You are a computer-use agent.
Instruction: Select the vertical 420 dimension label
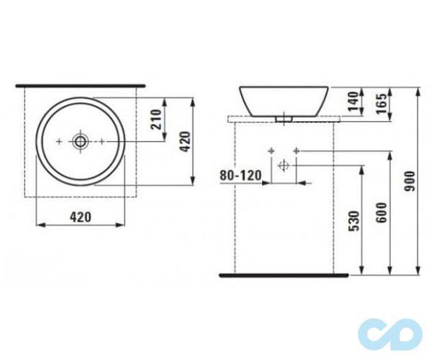point(184,140)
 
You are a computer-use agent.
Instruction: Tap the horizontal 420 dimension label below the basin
point(81,216)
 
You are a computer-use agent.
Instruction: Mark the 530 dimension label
point(352,220)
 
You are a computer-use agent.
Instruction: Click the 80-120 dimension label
point(240,175)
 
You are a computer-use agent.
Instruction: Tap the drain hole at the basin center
point(80,140)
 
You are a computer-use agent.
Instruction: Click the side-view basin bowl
point(284,99)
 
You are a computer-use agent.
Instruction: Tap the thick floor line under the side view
point(284,274)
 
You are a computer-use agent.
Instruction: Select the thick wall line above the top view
point(81,85)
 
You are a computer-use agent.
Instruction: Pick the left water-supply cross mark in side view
point(271,150)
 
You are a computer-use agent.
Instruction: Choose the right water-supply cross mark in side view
point(296,150)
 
